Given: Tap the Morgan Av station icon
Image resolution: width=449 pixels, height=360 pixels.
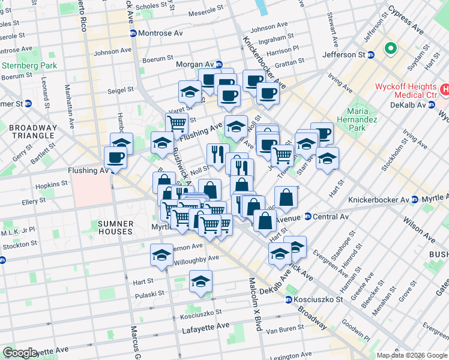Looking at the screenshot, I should [x=220, y=64].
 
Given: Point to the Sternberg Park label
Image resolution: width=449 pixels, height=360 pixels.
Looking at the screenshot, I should [x=29, y=65].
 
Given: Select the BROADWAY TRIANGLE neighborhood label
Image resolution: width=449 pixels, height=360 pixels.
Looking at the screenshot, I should [x=28, y=131].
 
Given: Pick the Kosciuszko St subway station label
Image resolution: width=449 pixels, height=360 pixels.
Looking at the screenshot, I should [x=319, y=299].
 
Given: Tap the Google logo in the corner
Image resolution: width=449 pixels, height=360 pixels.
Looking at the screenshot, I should [x=20, y=353].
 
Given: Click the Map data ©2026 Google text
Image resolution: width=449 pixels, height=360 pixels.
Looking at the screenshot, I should [x=412, y=355].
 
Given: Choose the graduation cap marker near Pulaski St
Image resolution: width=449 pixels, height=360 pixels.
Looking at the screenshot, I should [x=200, y=281].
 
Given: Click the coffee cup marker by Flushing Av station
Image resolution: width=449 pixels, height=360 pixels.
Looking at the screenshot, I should [x=115, y=158].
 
